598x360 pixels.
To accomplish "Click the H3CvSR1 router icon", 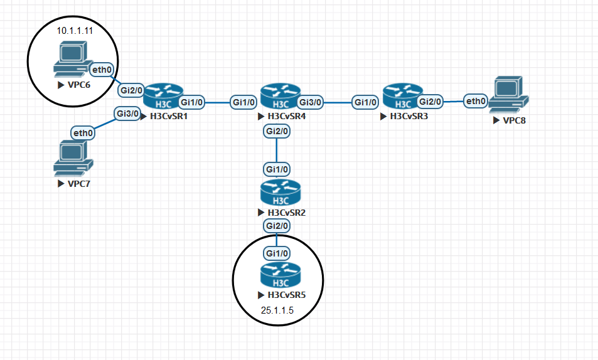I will (x=162, y=96).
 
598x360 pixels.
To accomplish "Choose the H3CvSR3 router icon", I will (x=399, y=96).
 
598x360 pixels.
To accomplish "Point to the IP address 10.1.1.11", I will (x=74, y=30).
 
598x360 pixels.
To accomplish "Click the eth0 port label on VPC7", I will (x=83, y=132).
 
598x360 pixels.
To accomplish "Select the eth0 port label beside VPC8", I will (x=476, y=101).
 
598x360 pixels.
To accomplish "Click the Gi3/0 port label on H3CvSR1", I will (x=127, y=114).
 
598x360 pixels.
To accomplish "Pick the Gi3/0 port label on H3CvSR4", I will (x=311, y=102).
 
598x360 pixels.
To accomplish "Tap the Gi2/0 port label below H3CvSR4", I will (x=277, y=132).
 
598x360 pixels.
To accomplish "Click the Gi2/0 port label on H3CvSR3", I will (x=430, y=101).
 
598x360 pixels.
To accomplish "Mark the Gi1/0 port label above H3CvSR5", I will (x=277, y=253).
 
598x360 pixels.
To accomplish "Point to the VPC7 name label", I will (x=75, y=184).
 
